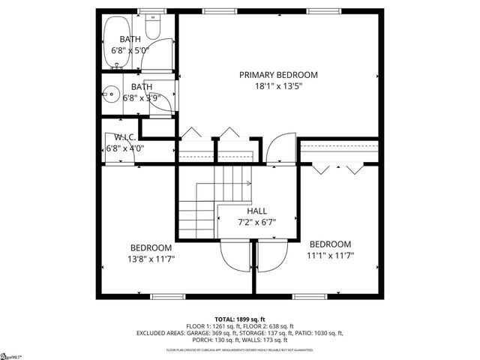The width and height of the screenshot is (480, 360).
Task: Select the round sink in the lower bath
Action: click(x=110, y=94)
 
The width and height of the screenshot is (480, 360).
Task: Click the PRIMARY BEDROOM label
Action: click(x=278, y=75)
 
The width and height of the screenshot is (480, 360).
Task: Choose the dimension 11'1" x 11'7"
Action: click(x=330, y=255)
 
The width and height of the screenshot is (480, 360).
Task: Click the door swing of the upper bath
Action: click(x=159, y=54)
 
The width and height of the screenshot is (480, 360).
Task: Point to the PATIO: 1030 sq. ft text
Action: click(x=318, y=333)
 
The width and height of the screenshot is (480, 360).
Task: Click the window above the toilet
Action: click(x=153, y=12)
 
